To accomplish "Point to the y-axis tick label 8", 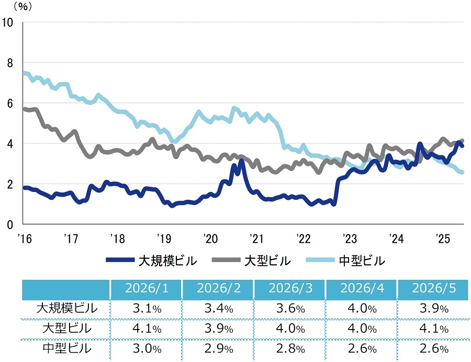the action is click(x=10, y=63).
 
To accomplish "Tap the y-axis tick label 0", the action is click(x=10, y=224).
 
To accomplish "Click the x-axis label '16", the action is click(x=25, y=239).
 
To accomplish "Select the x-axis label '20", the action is click(x=210, y=239).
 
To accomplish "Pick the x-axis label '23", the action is click(x=350, y=239).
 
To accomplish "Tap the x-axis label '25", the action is click(x=443, y=239).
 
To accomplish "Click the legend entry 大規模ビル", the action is click(x=152, y=261).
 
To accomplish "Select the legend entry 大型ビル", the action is click(x=252, y=261).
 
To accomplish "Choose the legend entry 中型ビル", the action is click(x=346, y=261).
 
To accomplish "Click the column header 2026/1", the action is click(x=147, y=288).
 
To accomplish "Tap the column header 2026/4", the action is click(x=362, y=288).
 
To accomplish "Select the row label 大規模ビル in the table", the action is click(x=67, y=308).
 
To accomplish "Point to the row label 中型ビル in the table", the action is click(x=67, y=348).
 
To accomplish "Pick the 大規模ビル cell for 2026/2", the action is click(x=219, y=309).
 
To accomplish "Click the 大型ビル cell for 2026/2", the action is click(x=219, y=329).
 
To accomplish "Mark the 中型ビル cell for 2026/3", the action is click(x=290, y=349).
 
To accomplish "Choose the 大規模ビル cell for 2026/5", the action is click(x=434, y=309).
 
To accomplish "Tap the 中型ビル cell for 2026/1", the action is click(x=147, y=349).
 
